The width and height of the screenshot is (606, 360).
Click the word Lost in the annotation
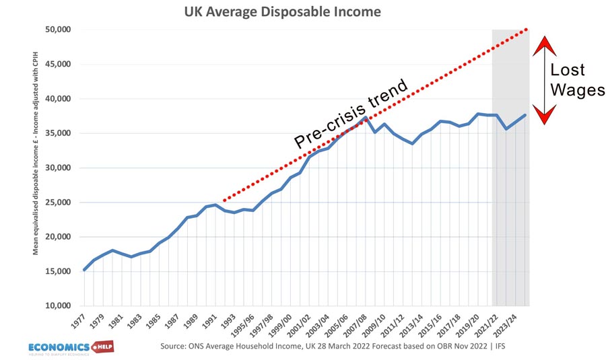(x=568, y=70)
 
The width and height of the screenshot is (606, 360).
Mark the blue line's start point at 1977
(x=84, y=270)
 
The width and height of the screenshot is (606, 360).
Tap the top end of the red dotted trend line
(x=527, y=30)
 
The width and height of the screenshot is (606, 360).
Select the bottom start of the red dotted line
(x=224, y=200)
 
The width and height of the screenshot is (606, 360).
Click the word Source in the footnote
(x=175, y=347)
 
